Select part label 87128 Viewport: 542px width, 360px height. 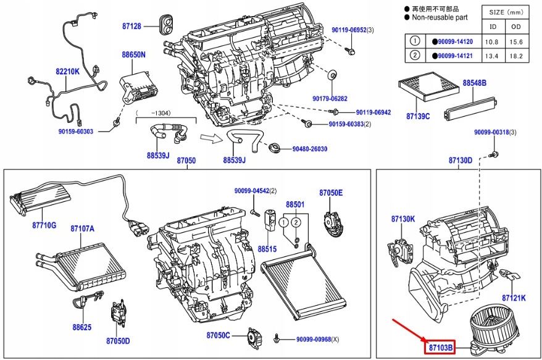pyautogui.click(x=130, y=27)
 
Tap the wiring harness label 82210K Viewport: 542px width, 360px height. pyautogui.click(x=68, y=72)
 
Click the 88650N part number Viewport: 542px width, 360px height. pyautogui.click(x=134, y=55)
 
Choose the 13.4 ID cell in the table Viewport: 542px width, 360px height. pyautogui.click(x=493, y=56)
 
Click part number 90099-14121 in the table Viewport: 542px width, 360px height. pyautogui.click(x=454, y=56)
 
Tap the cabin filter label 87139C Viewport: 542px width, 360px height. pyautogui.click(x=418, y=116)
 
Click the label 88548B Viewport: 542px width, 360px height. pyautogui.click(x=475, y=83)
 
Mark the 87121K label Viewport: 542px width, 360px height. pyautogui.click(x=513, y=298)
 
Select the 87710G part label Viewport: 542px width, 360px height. pyautogui.click(x=44, y=225)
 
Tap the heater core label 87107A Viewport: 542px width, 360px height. pyautogui.click(x=82, y=228)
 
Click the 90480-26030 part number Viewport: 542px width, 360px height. pyautogui.click(x=310, y=149)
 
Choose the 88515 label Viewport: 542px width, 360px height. pyautogui.click(x=267, y=249)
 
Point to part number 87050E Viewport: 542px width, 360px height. pyautogui.click(x=330, y=193)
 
